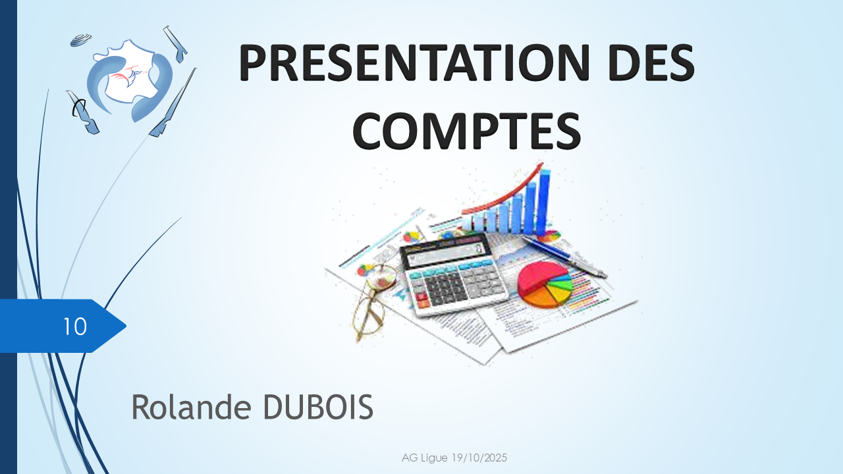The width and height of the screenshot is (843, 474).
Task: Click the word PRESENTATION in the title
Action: click(x=414, y=63)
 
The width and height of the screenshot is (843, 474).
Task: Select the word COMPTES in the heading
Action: click(x=467, y=130)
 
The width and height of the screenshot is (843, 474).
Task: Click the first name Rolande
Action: click(x=191, y=407)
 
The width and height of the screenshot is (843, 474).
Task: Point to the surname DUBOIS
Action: click(x=318, y=407)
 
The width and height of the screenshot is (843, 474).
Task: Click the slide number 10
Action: click(x=74, y=326)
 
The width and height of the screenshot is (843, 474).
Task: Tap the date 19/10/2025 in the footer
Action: click(x=479, y=458)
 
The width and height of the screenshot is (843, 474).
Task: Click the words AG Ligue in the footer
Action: click(x=425, y=458)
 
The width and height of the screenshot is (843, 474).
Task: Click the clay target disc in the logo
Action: click(x=81, y=39)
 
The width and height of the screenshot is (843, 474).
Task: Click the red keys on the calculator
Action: click(x=422, y=300)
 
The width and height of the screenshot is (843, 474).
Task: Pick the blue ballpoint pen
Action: click(x=564, y=256)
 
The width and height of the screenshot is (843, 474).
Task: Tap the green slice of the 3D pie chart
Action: click(x=562, y=280)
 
